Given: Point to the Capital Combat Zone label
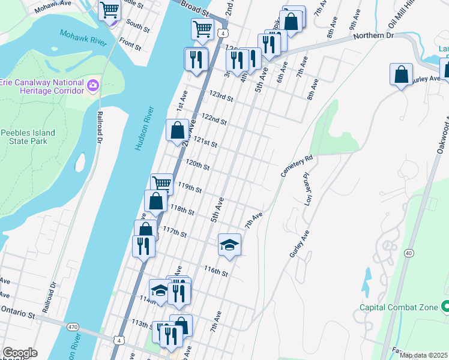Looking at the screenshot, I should pyautogui.click(x=398, y=307).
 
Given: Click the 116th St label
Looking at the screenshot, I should pyautogui.click(x=216, y=271).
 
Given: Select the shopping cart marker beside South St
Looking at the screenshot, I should pyautogui.click(x=109, y=11).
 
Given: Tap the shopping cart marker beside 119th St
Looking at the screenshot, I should pyautogui.click(x=161, y=183).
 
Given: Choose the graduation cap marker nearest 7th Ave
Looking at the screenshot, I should pyautogui.click(x=229, y=244).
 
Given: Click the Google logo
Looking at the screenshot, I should pyautogui.click(x=20, y=353).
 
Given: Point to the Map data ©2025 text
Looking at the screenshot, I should pyautogui.click(x=423, y=355).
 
